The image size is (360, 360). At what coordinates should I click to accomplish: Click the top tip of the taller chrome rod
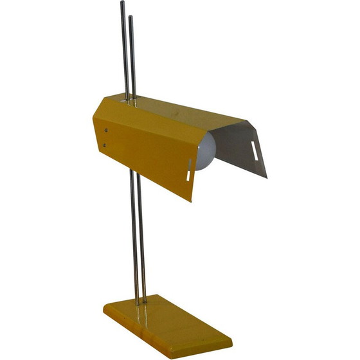122,3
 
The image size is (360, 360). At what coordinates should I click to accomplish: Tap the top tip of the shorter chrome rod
130,17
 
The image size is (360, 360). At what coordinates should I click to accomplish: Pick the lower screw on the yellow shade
104,145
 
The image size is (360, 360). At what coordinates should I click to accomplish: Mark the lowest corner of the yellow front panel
191,201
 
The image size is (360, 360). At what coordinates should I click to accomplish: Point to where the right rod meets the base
145,300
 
